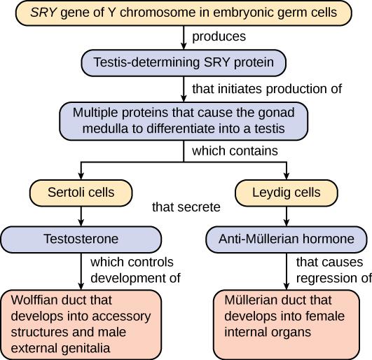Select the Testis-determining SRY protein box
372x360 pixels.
point(184,63)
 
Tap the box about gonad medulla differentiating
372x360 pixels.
point(184,121)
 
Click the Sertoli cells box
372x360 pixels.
point(81,191)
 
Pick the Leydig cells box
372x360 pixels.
point(287,191)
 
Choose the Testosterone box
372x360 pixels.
point(81,239)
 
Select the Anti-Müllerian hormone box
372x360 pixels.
point(287,239)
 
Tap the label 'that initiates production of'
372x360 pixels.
point(266,89)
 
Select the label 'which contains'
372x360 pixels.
point(234,151)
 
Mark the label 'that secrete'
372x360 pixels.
point(186,207)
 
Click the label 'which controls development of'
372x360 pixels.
point(135,270)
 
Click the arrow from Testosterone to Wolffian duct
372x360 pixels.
point(81,270)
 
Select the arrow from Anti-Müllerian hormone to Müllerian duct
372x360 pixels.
point(287,270)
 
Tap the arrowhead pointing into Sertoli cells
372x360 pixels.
point(81,176)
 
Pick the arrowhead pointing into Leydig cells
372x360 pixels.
point(287,176)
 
